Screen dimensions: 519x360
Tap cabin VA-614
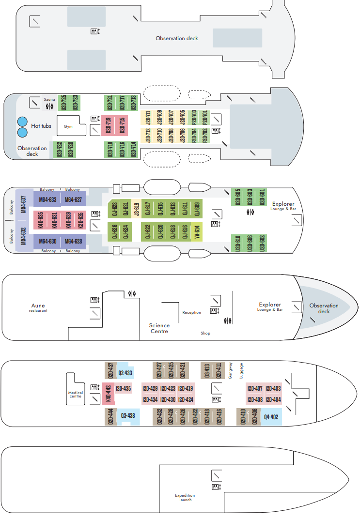click(197, 233)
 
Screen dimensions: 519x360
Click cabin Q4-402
click(271, 416)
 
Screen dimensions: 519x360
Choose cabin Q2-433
click(125, 372)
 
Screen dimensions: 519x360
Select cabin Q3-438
click(128, 415)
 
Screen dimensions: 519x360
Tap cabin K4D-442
click(108, 394)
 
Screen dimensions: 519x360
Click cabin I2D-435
click(124, 388)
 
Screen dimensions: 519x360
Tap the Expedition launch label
click(185, 497)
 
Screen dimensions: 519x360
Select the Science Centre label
click(159, 328)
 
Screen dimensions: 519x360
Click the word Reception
click(191, 312)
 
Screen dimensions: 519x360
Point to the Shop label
click(205, 333)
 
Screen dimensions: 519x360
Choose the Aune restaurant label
click(38, 307)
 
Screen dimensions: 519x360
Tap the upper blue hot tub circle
click(22, 122)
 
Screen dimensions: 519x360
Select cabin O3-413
click(207, 371)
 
